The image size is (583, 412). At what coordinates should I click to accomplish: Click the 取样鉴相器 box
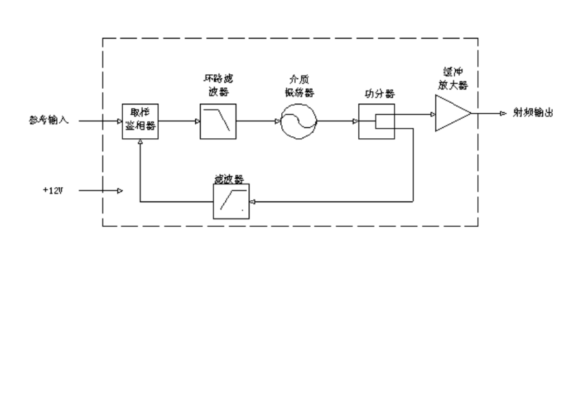tap(140, 122)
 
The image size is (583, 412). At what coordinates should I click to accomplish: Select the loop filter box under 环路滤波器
tap(218, 122)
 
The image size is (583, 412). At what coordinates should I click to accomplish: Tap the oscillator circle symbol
tap(298, 122)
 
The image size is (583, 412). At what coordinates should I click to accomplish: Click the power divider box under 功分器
tap(376, 122)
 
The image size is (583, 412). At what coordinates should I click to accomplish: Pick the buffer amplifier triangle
tap(450, 113)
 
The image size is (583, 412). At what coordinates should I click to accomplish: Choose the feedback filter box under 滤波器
tap(231, 202)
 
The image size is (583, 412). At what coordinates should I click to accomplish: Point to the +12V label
tap(53, 190)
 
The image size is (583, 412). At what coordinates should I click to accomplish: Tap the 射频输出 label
tap(533, 113)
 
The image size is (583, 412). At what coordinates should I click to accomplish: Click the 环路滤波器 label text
tap(219, 86)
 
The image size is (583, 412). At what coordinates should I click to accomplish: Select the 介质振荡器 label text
tap(298, 86)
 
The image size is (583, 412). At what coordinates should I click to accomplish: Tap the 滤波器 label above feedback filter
tap(230, 179)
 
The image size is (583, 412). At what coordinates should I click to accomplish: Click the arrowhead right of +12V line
tap(120, 191)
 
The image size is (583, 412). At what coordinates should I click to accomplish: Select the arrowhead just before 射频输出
tap(503, 113)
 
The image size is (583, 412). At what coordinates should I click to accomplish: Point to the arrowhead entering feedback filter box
tap(252, 202)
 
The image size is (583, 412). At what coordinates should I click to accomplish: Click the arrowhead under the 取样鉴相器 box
tap(140, 142)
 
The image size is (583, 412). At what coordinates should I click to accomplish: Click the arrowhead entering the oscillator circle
tap(278, 122)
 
